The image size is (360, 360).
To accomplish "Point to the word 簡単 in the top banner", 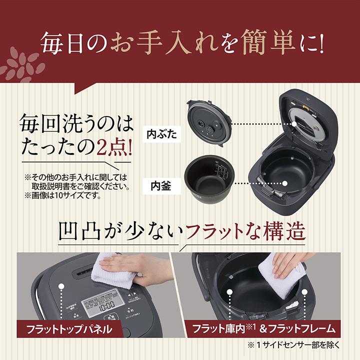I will coord(262,43).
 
